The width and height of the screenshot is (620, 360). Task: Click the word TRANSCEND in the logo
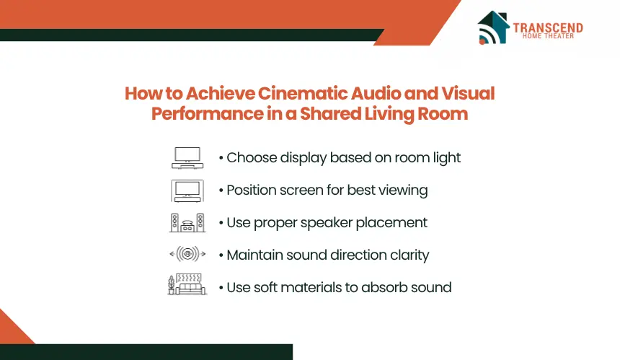[x=548, y=27]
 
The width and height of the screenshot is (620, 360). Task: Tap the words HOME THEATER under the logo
[x=548, y=36]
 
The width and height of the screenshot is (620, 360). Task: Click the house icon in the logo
[x=493, y=27]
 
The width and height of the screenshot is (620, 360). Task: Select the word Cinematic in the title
[x=302, y=93]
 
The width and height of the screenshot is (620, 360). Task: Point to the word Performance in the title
[x=207, y=114]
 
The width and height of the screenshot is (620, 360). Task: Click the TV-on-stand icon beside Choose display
[x=187, y=158]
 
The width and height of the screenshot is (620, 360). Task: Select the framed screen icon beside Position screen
[x=187, y=190]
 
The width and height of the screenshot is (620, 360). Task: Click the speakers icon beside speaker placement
[x=187, y=223]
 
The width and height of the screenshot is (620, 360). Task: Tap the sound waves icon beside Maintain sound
[x=187, y=253]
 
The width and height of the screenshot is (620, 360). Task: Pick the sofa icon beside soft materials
[x=187, y=284]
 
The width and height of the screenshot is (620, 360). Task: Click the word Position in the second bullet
[x=251, y=190]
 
